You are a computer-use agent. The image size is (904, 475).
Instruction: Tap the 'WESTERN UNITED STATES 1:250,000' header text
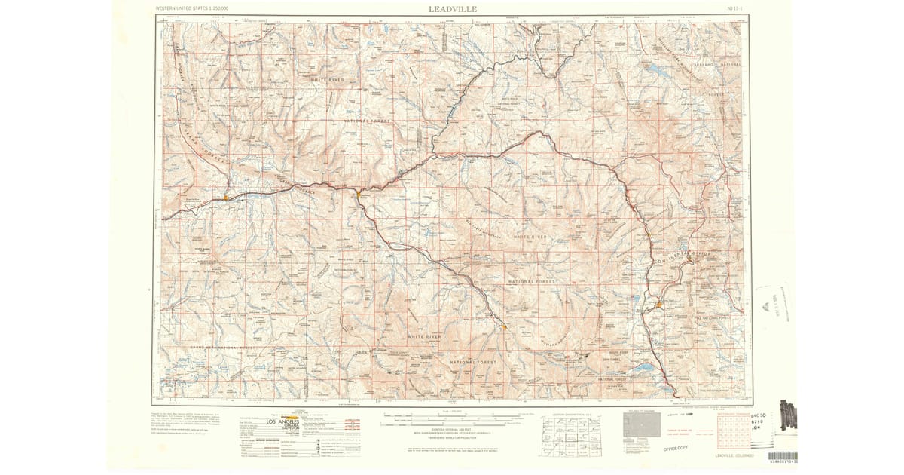point(192,8)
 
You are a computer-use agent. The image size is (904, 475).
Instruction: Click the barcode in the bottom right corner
point(783,456)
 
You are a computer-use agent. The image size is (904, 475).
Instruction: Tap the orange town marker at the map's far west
point(225,198)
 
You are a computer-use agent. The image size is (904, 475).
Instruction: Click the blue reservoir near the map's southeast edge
point(644,369)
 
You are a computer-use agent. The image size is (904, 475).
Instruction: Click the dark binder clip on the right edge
point(788,415)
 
